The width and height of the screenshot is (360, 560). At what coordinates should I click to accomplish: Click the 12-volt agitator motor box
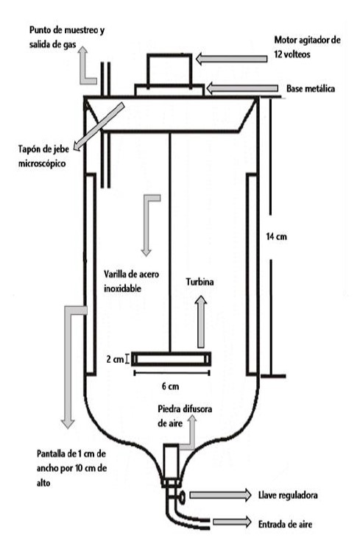(x=169, y=69)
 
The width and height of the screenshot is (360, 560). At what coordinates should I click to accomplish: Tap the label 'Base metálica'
(x=311, y=88)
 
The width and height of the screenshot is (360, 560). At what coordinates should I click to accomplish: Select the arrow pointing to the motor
(x=231, y=59)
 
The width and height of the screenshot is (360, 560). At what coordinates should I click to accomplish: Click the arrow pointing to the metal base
(x=242, y=88)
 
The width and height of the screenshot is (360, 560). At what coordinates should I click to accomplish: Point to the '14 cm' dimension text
(x=276, y=236)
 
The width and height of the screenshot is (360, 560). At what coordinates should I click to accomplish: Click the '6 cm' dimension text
(x=170, y=386)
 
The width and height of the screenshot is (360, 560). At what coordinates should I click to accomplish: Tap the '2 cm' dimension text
(x=115, y=359)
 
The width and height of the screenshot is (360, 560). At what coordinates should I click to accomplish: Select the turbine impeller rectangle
(x=171, y=359)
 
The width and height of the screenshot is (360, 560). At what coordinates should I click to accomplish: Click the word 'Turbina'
(x=200, y=282)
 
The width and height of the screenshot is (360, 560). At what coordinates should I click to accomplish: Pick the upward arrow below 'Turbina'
(x=201, y=322)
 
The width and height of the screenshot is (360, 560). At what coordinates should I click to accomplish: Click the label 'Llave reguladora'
(x=288, y=495)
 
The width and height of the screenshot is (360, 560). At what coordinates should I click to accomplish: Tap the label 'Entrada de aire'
(x=285, y=524)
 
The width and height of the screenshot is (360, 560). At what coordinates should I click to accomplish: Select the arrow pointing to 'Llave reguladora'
(x=220, y=495)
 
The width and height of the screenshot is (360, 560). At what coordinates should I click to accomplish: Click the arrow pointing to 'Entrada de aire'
(x=232, y=522)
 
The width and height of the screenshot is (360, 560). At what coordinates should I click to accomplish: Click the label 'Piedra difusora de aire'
(x=185, y=416)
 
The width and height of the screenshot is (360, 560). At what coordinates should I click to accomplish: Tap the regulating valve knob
(x=181, y=497)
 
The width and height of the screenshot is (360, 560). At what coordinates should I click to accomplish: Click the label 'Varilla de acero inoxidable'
(x=132, y=281)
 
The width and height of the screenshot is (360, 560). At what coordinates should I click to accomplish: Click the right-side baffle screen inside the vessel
(x=252, y=274)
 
